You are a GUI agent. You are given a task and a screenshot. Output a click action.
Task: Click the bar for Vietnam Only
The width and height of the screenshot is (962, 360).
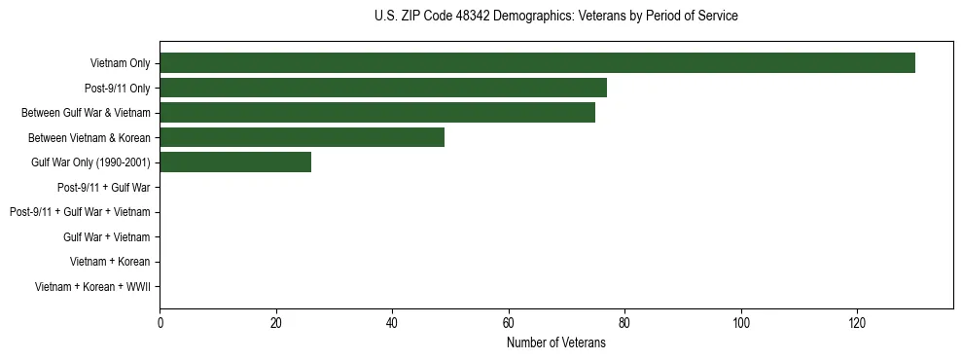tap(537, 63)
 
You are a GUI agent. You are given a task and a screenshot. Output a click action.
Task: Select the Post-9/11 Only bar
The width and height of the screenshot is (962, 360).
tap(383, 88)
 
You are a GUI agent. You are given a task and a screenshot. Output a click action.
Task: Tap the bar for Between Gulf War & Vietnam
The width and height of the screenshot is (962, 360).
tap(377, 113)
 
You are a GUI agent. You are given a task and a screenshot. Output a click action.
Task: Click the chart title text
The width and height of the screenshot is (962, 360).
tap(555, 17)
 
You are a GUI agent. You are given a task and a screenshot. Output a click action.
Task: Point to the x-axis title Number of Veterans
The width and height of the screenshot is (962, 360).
tap(555, 342)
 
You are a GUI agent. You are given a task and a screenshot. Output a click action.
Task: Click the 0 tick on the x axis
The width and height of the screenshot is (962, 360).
tap(160, 322)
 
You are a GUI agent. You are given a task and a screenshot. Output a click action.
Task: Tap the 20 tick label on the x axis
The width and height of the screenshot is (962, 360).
tap(276, 322)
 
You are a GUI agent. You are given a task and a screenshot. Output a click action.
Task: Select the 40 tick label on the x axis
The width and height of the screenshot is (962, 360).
tap(392, 322)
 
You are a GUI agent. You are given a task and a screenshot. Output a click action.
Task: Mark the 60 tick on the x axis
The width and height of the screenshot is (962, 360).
tap(509, 322)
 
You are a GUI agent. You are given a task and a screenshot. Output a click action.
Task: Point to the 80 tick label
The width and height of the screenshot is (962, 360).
tap(624, 322)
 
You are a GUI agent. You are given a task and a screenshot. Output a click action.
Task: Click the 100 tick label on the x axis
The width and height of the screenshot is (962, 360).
tap(741, 322)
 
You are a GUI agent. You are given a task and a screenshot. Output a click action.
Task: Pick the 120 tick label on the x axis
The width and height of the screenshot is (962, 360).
tap(857, 322)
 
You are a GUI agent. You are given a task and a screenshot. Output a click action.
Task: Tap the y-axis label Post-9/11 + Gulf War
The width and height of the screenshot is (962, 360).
tap(103, 187)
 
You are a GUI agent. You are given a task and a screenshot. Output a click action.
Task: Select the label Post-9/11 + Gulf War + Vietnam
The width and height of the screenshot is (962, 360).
tap(80, 212)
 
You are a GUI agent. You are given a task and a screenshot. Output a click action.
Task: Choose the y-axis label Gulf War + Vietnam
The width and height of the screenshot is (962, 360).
tap(106, 236)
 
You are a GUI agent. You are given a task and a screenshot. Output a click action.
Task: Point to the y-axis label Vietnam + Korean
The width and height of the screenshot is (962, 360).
tap(110, 262)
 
